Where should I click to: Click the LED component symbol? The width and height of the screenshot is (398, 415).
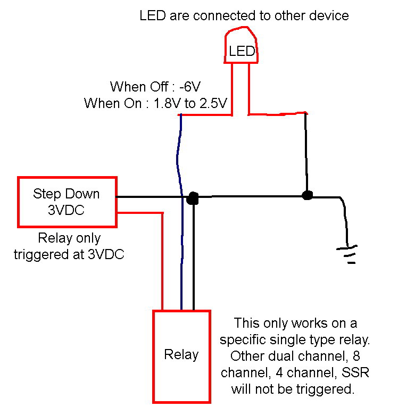241,48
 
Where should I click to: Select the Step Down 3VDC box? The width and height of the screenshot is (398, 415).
67,201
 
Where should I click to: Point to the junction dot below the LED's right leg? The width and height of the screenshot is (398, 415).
306,195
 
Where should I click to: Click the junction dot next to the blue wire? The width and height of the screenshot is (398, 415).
193,198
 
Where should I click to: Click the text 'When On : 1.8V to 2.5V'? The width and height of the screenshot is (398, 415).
157,103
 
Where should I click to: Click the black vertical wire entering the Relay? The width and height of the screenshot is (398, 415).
193,255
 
